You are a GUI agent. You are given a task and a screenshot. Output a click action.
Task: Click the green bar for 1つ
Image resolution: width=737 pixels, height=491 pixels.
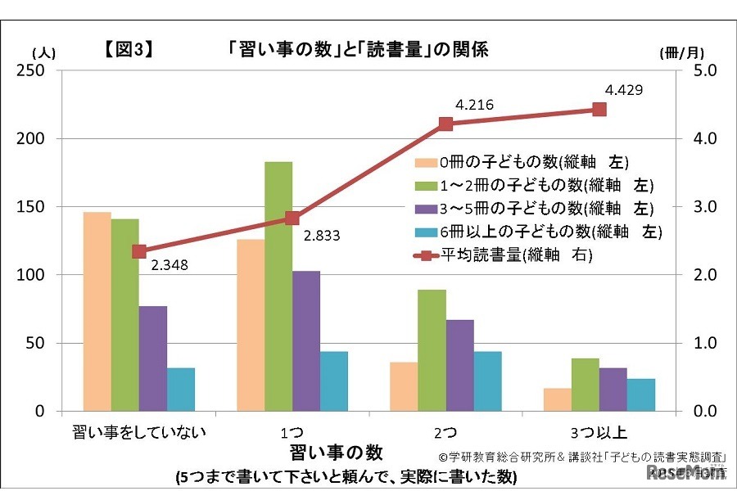click(278, 286)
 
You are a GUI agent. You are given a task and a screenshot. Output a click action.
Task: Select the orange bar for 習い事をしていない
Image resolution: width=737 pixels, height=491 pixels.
click(97, 311)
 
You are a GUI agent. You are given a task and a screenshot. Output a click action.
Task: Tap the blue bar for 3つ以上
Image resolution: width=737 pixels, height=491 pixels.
click(641, 394)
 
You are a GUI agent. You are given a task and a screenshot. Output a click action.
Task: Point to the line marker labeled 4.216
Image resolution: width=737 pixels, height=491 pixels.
click(445, 124)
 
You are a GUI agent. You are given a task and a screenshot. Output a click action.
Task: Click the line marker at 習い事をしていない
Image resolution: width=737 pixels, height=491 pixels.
click(139, 251)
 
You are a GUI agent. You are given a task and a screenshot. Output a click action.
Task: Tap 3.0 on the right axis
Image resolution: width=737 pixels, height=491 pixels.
click(705, 207)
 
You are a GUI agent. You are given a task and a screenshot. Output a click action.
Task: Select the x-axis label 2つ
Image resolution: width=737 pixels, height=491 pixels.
click(445, 430)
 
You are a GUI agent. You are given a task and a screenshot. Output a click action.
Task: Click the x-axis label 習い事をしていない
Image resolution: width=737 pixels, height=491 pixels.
click(139, 430)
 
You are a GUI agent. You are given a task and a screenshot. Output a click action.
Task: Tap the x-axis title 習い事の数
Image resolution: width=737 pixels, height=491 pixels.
click(336, 452)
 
